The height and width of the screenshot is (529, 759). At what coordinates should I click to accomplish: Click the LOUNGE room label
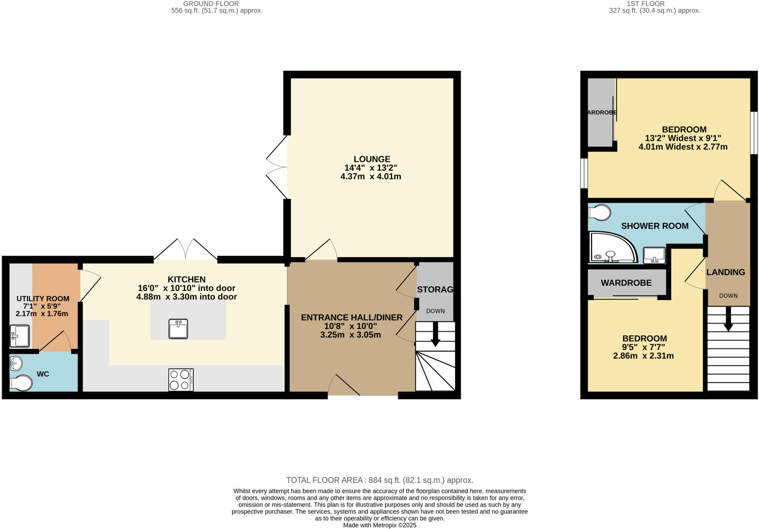click(371, 159)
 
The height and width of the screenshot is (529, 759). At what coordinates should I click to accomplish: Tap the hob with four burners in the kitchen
click(181, 380)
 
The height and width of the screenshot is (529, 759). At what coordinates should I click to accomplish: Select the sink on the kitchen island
click(178, 329)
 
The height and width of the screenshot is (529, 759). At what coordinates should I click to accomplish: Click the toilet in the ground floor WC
click(21, 383)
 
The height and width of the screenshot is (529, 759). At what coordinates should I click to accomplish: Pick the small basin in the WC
click(16, 363)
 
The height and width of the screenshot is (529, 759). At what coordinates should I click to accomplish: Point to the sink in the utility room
click(20, 336)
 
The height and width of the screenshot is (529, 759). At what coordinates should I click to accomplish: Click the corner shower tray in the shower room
click(612, 247)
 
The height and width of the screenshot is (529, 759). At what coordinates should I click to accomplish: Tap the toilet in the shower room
click(599, 213)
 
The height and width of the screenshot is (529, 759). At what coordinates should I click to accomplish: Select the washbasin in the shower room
click(654, 256)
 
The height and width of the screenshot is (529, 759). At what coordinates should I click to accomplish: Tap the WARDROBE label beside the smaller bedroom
click(626, 283)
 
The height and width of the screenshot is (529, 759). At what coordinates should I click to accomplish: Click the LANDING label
click(725, 272)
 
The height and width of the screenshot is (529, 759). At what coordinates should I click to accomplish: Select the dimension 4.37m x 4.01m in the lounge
click(371, 177)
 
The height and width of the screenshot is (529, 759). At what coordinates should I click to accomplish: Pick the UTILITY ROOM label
click(43, 299)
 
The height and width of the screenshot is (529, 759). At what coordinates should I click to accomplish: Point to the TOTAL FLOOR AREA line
click(379, 480)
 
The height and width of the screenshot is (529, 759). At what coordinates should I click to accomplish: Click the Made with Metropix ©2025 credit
click(379, 525)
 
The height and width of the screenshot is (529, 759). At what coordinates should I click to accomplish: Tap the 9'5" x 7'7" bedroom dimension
click(643, 347)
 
